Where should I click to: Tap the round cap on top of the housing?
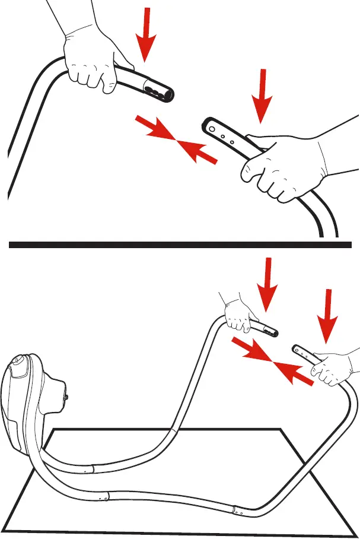(17, 361)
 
